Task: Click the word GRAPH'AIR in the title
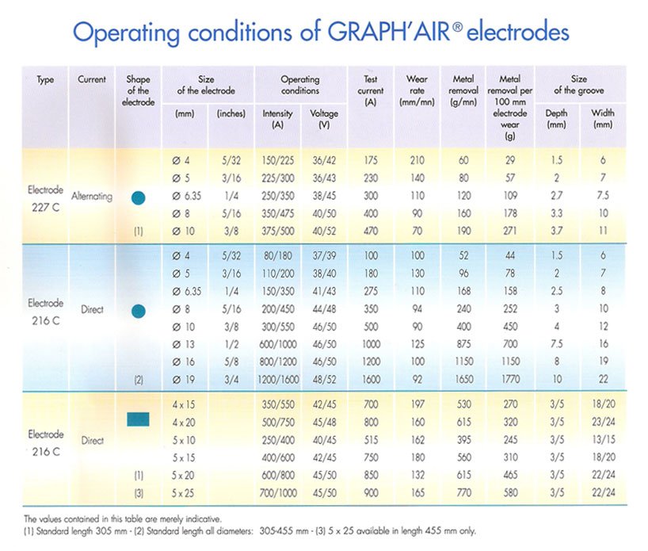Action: [x=389, y=32]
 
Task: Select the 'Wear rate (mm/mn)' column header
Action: [x=417, y=90]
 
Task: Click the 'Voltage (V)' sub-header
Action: [x=324, y=119]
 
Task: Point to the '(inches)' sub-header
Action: [x=231, y=113]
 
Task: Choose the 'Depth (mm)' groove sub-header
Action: [x=556, y=119]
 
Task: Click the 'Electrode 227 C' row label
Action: [x=45, y=198]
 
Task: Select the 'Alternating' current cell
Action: [x=92, y=196]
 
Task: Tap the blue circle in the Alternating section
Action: [x=138, y=198]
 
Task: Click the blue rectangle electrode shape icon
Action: [x=138, y=419]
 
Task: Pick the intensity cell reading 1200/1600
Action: [x=278, y=379]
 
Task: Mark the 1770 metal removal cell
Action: [x=510, y=379]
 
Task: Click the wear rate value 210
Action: [x=417, y=160]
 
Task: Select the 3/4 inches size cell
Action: [x=231, y=379]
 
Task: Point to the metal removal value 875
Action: [x=463, y=344]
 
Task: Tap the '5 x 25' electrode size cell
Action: [x=183, y=493]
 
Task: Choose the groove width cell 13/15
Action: [x=604, y=440]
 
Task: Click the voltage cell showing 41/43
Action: [x=324, y=291]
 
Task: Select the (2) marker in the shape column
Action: [x=139, y=380]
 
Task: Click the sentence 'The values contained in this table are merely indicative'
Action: [x=123, y=518]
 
